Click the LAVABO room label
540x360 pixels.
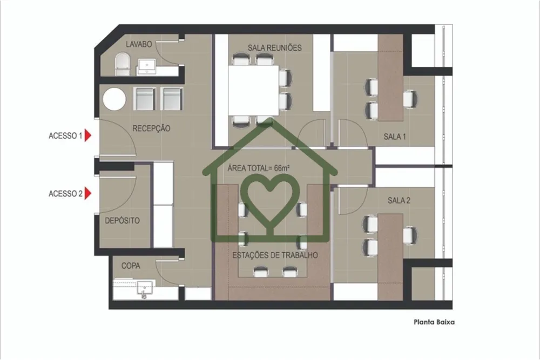[x=138, y=44]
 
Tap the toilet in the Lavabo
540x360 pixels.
[x=122, y=64]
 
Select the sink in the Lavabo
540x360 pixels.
[x=147, y=65]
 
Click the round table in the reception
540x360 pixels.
[x=114, y=99]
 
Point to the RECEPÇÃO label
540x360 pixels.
[x=151, y=128]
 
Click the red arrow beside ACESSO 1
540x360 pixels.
[x=88, y=135]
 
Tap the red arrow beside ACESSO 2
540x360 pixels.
[x=88, y=193]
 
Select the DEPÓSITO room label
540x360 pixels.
[x=122, y=220]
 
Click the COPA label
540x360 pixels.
[x=131, y=266]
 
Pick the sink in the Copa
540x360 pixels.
[x=145, y=289]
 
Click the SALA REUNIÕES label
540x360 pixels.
[x=274, y=47]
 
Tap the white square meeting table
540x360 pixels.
[x=254, y=90]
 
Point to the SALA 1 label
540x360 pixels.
[x=395, y=137]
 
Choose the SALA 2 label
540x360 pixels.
[x=399, y=200]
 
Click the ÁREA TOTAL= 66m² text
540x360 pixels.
[x=258, y=168]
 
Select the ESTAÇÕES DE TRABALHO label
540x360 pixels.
[x=275, y=255]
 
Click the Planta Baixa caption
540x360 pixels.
[x=434, y=322]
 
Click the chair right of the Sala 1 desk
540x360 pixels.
[x=411, y=99]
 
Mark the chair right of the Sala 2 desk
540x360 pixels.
[x=410, y=235]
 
